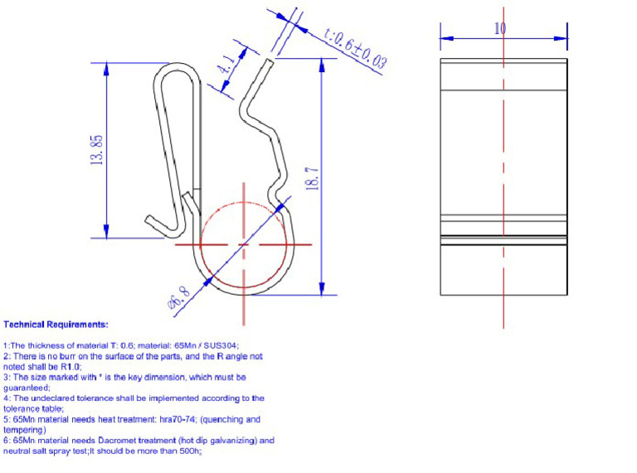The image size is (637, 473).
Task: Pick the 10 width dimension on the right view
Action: pos(500,28)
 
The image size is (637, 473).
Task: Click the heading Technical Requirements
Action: pos(56,325)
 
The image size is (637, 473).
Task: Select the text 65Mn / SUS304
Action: pos(209,345)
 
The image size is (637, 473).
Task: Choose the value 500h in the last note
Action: pos(190,451)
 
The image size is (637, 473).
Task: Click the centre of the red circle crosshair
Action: pos(244,245)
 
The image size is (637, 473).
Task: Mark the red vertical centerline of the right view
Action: pos(503,166)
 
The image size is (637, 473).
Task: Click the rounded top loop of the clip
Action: pos(176,75)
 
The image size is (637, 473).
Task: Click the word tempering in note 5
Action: pos(22,430)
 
